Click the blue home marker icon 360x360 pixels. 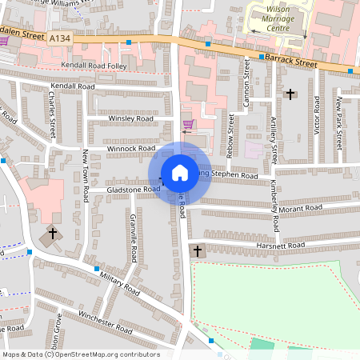pos(180,172)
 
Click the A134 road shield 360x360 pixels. pos(58,37)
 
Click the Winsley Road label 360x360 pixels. pos(131,118)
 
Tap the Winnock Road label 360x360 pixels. pos(131,148)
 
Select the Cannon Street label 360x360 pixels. pos(247,86)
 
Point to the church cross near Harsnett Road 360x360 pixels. pos(197,251)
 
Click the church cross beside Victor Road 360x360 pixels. pos(290,94)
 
